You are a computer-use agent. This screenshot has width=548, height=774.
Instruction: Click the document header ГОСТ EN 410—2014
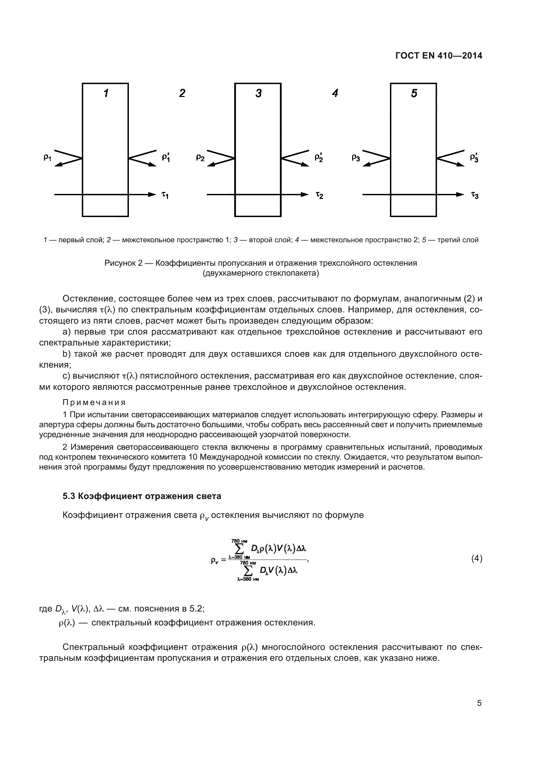click(438, 56)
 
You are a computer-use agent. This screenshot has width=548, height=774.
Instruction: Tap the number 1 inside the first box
click(106, 93)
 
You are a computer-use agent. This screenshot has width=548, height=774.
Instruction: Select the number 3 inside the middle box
click(258, 93)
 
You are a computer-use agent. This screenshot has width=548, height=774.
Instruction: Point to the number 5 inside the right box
click(414, 93)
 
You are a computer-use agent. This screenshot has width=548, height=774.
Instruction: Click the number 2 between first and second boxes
click(182, 93)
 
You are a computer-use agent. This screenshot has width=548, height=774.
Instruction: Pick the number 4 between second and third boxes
click(335, 93)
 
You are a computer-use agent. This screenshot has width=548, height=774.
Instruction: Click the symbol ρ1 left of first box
click(47, 157)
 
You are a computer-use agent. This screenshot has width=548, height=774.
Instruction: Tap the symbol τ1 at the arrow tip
click(165, 195)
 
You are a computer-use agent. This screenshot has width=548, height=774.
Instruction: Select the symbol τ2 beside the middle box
click(319, 195)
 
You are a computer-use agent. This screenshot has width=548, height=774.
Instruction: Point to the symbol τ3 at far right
click(475, 195)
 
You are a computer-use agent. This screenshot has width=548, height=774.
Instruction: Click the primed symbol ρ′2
click(318, 157)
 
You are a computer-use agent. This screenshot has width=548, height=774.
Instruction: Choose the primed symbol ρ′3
click(474, 157)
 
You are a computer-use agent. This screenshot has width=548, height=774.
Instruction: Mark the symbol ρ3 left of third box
click(356, 157)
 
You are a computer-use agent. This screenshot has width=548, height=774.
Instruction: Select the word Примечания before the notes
click(94, 402)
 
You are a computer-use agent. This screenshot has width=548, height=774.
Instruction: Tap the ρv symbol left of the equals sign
click(215, 561)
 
